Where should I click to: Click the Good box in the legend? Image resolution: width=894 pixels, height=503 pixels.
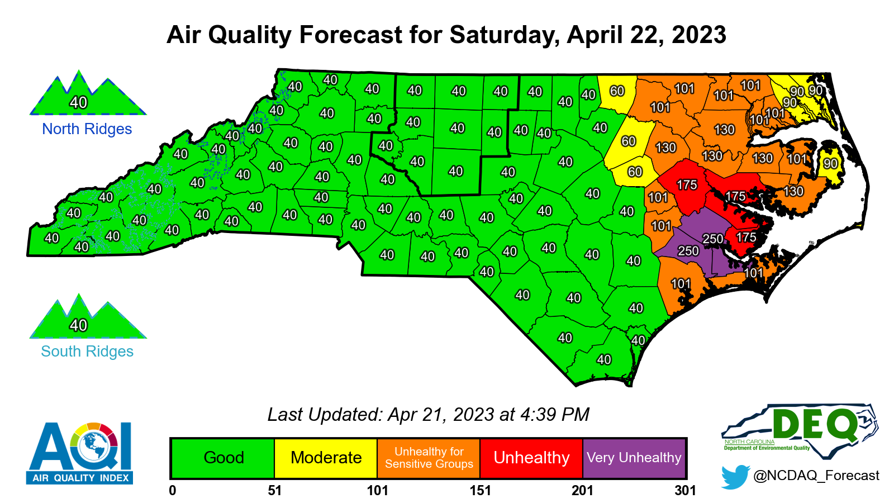[x=223, y=458]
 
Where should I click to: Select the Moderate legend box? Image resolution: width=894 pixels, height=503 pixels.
[x=326, y=458]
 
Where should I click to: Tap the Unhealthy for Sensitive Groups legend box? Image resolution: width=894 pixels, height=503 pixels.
[x=429, y=458]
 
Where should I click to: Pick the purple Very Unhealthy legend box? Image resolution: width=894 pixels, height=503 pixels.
[x=634, y=458]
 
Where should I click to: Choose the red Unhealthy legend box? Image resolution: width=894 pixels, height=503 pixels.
[x=531, y=458]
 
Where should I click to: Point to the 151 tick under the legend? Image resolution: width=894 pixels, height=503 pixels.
[x=480, y=491]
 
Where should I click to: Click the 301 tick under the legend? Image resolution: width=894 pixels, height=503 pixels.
[x=685, y=491]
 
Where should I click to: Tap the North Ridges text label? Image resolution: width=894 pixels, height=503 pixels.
[x=87, y=129]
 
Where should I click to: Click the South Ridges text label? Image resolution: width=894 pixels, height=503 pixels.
[x=87, y=352]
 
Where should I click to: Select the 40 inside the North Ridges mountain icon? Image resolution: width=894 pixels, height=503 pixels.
[x=78, y=102]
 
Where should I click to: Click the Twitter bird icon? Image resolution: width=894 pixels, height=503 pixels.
[x=734, y=476]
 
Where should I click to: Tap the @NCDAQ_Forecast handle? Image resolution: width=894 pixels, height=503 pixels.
[x=816, y=476]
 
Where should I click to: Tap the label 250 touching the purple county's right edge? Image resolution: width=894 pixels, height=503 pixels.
[x=713, y=239]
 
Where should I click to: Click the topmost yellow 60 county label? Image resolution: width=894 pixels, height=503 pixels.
[x=617, y=91]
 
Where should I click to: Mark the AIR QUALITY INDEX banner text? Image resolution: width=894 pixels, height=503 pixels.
[x=80, y=478]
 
